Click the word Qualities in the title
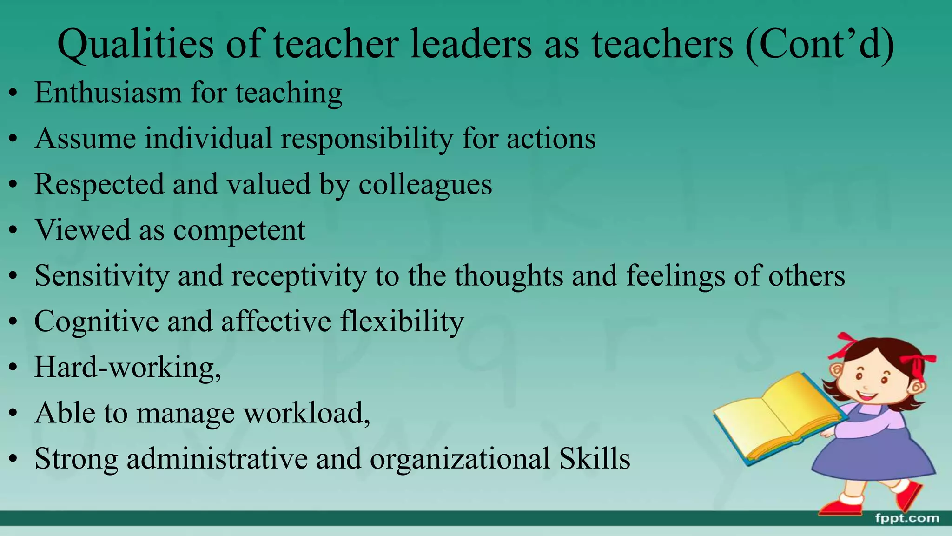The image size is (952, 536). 135,44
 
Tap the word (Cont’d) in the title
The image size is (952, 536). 820,44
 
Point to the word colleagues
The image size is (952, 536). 425,185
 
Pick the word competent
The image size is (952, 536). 239,230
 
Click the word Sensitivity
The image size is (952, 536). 102,276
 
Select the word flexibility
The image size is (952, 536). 402,322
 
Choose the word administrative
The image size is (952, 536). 217,459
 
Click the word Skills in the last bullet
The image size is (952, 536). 595,459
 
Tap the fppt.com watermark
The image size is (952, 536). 906,518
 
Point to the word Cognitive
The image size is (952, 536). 96,322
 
